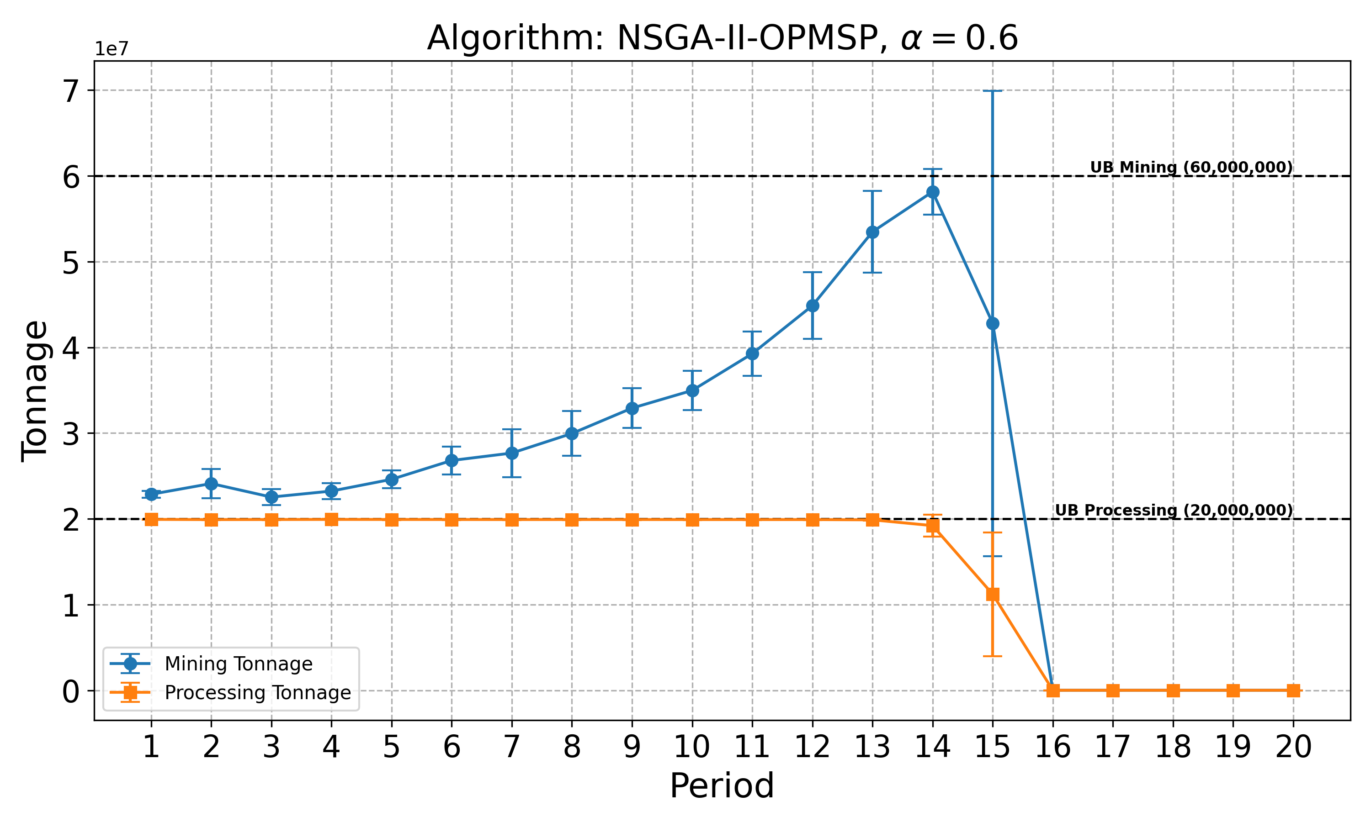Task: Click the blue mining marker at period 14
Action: pos(933,192)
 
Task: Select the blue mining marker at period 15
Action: pos(993,323)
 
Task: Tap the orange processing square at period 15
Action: pos(993,594)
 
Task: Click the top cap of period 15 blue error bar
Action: pos(993,90)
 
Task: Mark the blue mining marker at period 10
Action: pos(692,390)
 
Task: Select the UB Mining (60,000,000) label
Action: pos(1191,167)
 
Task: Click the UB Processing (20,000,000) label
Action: pos(1173,510)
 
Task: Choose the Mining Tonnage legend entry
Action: pos(238,664)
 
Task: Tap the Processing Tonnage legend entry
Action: pos(258,692)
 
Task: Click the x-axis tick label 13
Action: pos(872,747)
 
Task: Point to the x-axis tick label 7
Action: pos(511,747)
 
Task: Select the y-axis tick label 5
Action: pos(71,263)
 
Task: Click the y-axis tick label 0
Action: pos(71,691)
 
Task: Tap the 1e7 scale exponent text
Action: pos(112,49)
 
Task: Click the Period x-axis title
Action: pos(722,785)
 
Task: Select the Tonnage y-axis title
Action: pos(34,390)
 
